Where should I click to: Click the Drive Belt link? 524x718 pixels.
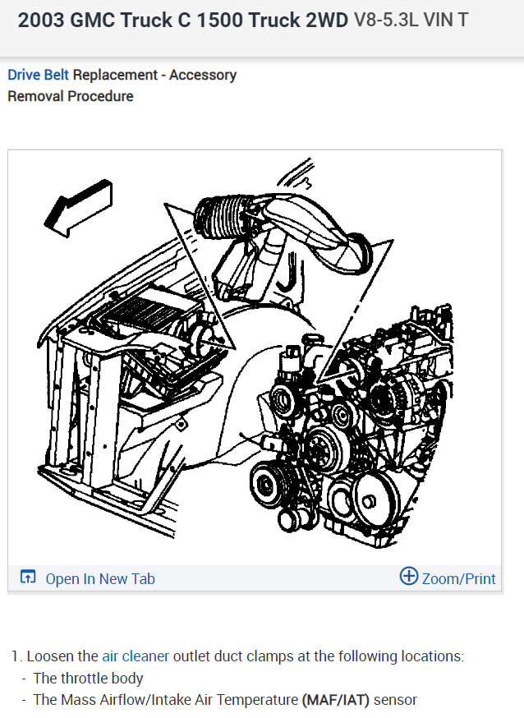(x=39, y=75)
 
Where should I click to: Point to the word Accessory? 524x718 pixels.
(x=204, y=75)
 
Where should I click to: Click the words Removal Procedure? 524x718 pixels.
(x=70, y=96)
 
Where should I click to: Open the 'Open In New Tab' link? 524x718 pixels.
(x=99, y=578)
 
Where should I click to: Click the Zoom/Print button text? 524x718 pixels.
(x=458, y=578)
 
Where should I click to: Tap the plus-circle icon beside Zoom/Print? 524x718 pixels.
(x=408, y=577)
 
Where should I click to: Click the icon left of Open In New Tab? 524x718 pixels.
(x=28, y=578)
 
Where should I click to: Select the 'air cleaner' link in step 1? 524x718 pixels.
(x=136, y=656)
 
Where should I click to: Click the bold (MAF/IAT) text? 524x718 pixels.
(x=336, y=700)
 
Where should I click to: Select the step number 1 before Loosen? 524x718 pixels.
(x=15, y=656)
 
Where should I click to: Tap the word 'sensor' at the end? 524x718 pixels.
(x=395, y=700)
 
